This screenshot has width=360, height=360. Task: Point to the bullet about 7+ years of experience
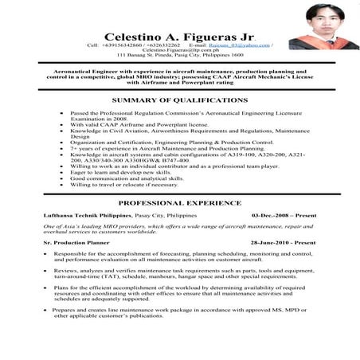tap(166, 148)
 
